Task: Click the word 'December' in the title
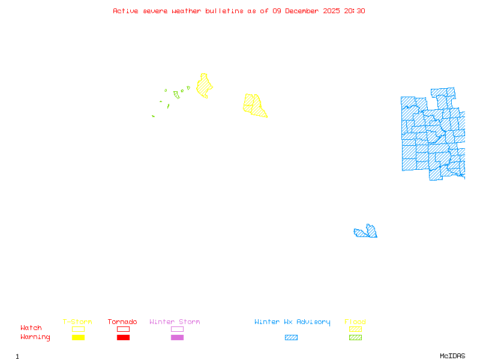click(305, 11)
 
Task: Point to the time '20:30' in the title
click(354, 11)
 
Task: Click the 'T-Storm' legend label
click(77, 322)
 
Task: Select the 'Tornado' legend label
click(122, 322)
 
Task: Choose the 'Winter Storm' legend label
click(175, 322)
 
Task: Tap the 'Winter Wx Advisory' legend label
click(292, 322)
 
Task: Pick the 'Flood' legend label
click(355, 322)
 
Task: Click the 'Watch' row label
click(31, 328)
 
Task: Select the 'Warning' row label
click(35, 337)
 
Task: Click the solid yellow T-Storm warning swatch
click(78, 337)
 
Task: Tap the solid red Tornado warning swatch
click(123, 337)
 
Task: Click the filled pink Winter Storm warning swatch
click(177, 337)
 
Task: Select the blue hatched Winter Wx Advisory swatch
click(291, 337)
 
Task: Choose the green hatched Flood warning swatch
click(355, 337)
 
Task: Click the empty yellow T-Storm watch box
click(78, 329)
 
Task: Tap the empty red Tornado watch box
click(123, 329)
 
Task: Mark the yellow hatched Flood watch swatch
click(355, 329)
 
